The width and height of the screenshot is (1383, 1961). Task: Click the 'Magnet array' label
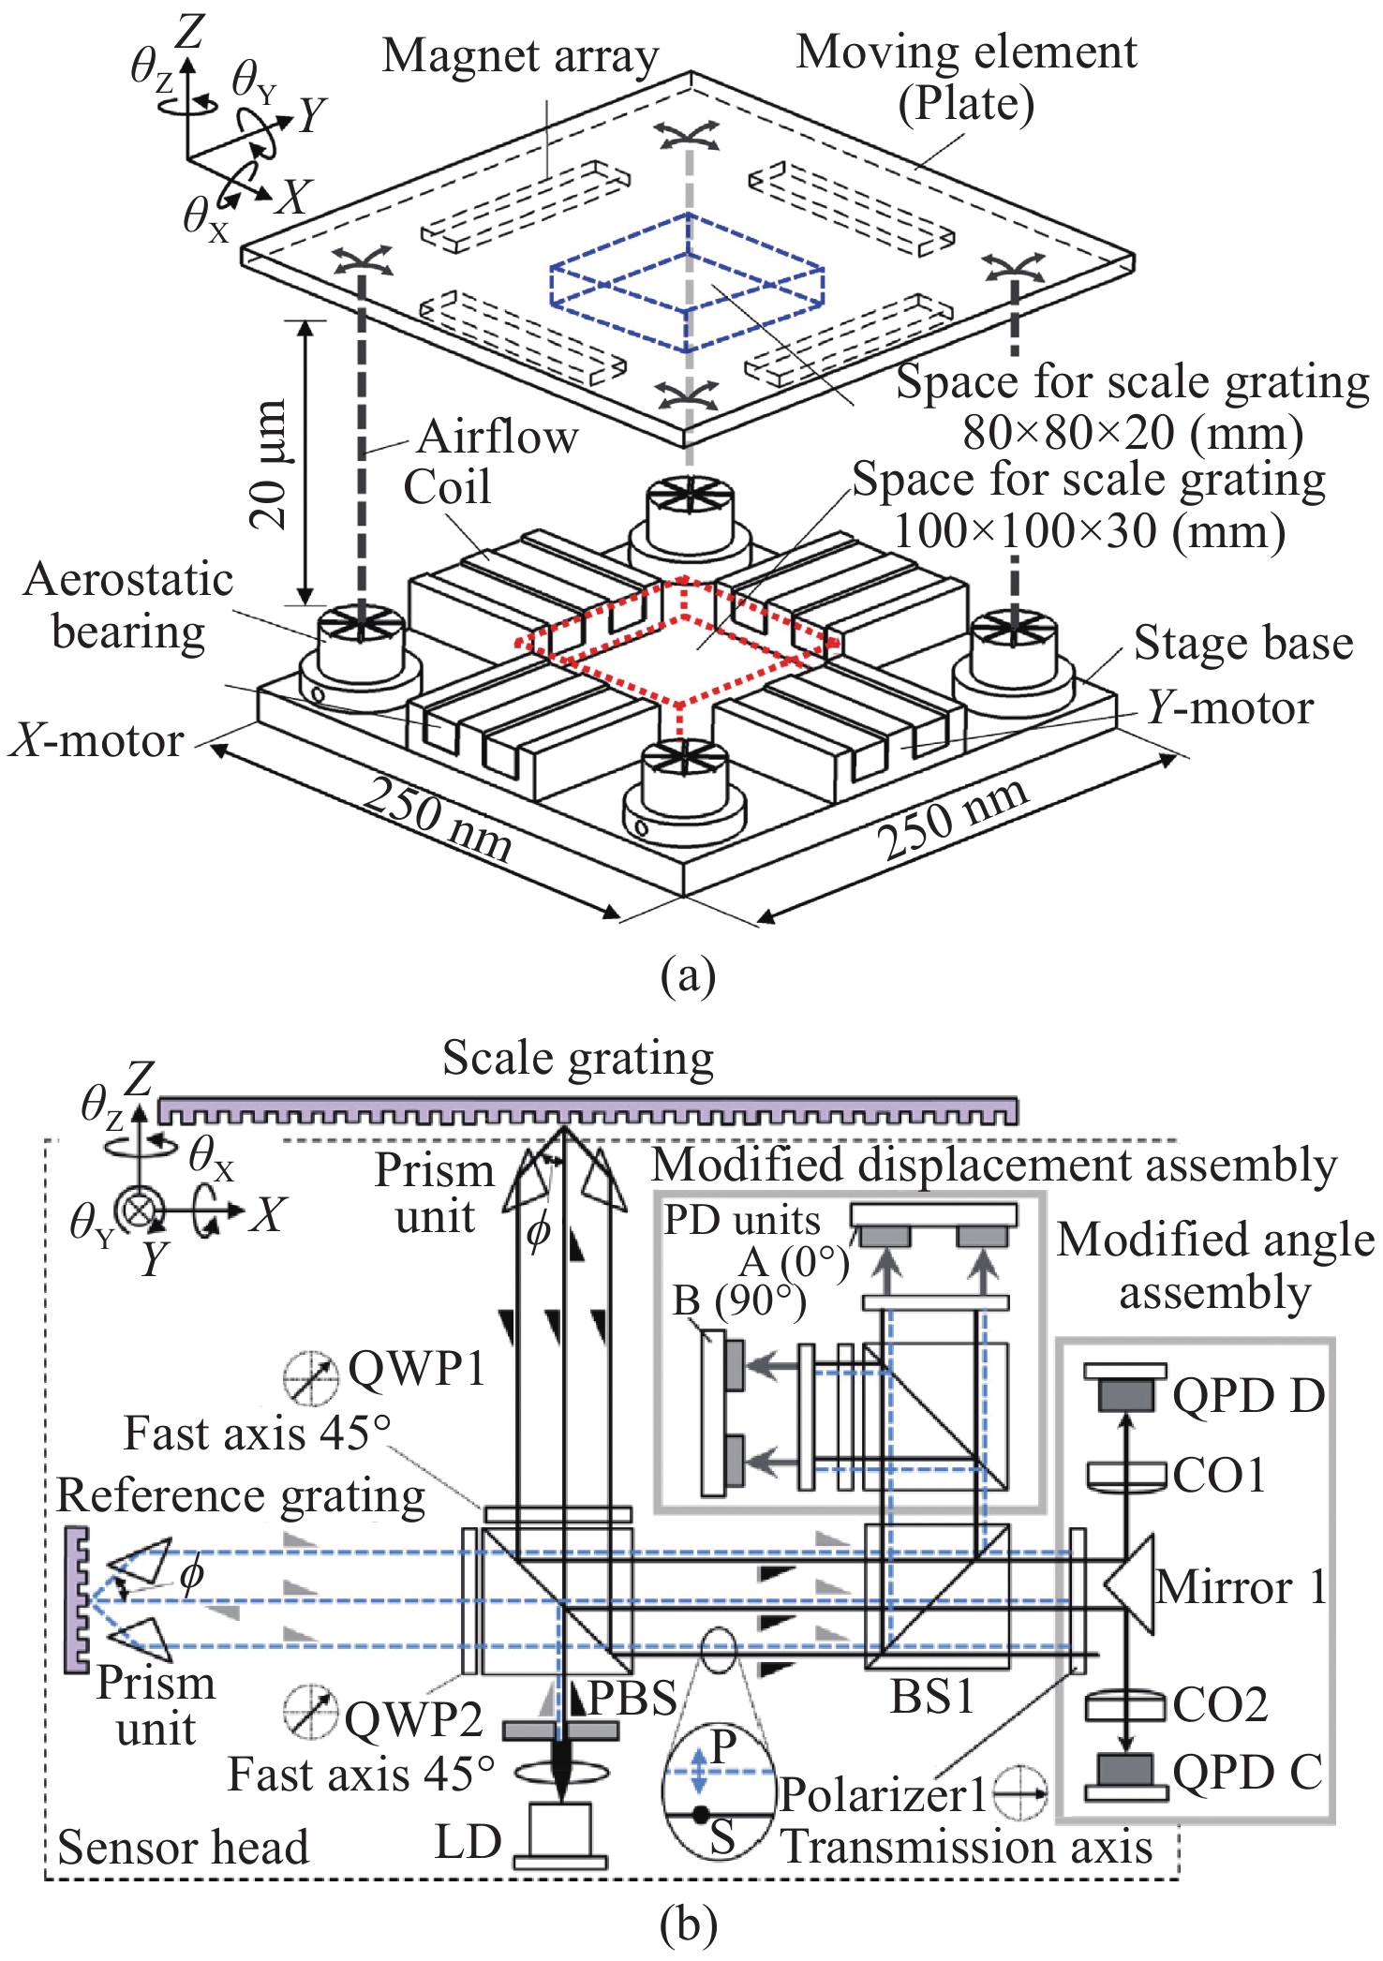click(x=520, y=56)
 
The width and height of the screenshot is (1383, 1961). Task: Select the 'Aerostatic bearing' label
click(x=128, y=605)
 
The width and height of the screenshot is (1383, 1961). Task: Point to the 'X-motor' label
click(x=97, y=741)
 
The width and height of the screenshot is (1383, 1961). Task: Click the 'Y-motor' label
click(x=1230, y=708)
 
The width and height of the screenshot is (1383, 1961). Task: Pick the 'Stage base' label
click(x=1243, y=644)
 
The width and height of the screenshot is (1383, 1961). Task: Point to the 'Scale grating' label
click(x=578, y=1059)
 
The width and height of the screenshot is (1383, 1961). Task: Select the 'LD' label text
click(x=468, y=1842)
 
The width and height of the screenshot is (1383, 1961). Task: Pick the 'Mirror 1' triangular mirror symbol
click(x=1131, y=1584)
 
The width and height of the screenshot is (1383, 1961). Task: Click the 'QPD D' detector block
click(x=1125, y=1395)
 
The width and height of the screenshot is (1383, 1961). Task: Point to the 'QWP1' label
click(x=417, y=1369)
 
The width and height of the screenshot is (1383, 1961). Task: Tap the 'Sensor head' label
click(x=184, y=1847)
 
